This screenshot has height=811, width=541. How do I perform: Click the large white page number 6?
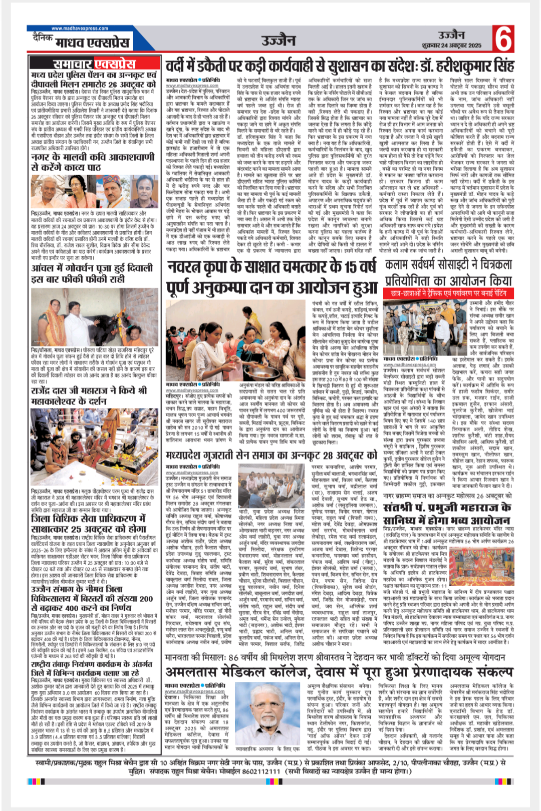tap(503, 38)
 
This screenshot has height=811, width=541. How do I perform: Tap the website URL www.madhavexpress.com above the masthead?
tap(80, 29)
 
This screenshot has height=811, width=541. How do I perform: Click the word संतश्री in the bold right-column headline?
tap(401, 507)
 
